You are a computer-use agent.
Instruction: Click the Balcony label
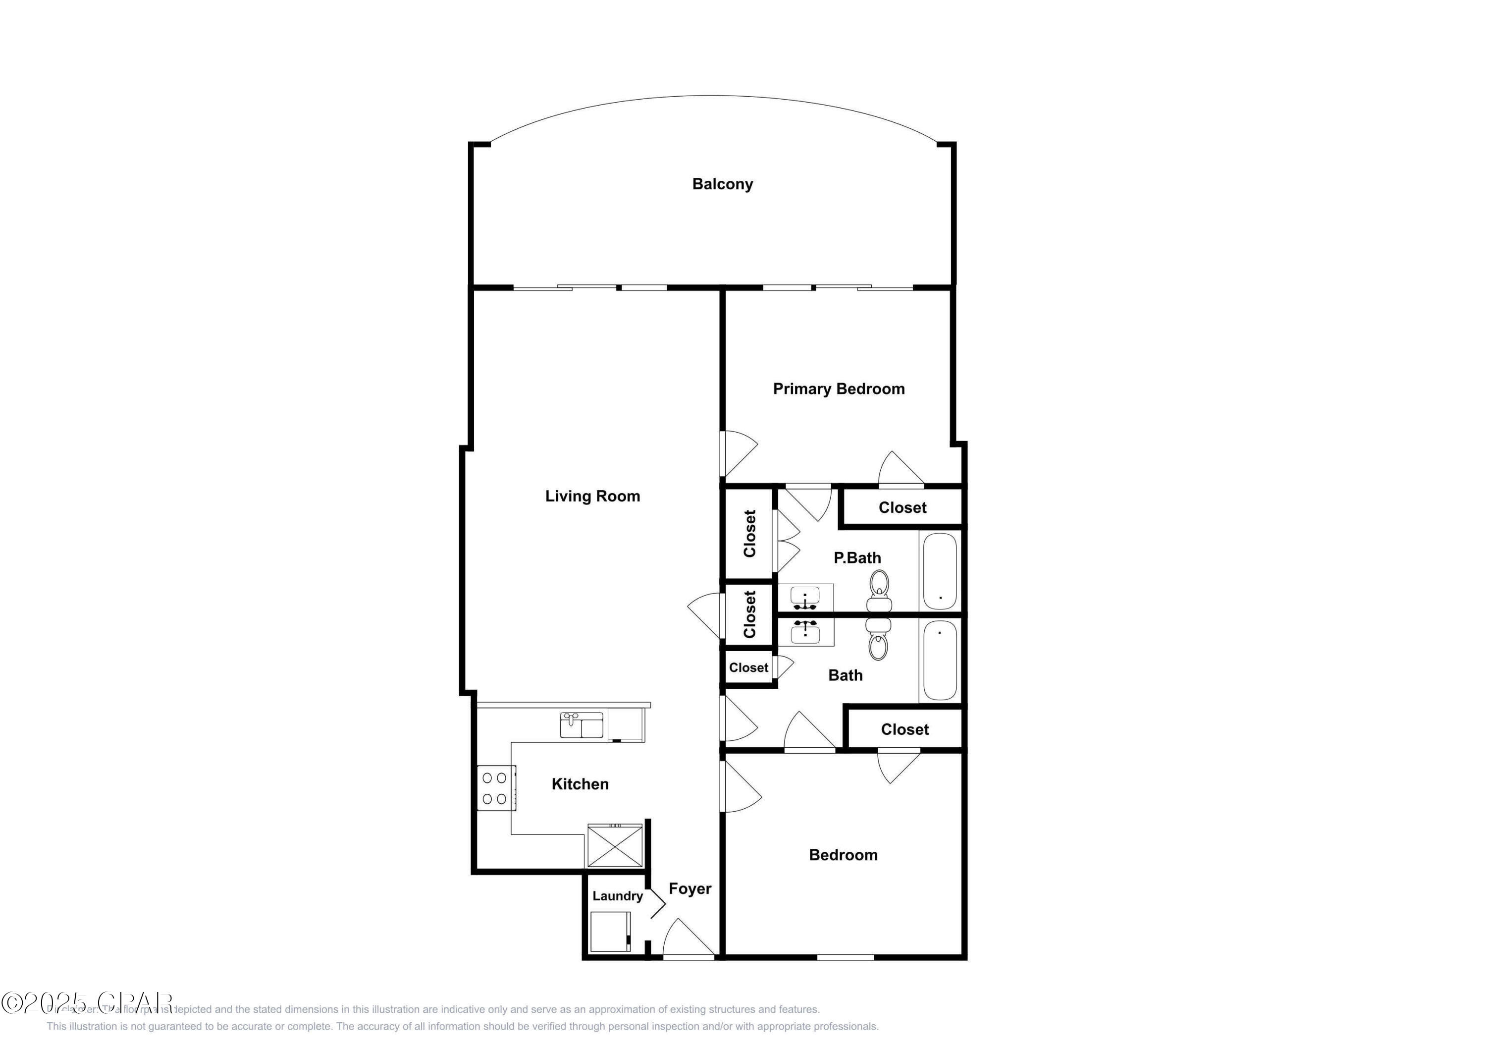tap(722, 184)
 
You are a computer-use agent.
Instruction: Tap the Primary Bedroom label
tap(838, 388)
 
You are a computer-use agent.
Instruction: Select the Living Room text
tap(592, 496)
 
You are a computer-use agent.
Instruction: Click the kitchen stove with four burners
tap(496, 788)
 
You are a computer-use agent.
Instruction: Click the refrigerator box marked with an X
tap(615, 845)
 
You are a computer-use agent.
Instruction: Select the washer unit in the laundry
tap(610, 931)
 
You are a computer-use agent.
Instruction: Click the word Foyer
tap(690, 888)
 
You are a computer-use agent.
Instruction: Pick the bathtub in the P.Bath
tap(940, 570)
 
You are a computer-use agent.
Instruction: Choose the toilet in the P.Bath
tap(879, 591)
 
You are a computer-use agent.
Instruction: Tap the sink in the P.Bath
tap(805, 598)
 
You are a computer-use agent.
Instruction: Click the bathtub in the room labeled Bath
tap(940, 660)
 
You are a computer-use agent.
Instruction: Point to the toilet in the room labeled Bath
tap(878, 638)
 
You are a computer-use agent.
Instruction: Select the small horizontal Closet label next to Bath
tap(748, 667)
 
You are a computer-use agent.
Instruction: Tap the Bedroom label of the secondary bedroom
tap(843, 855)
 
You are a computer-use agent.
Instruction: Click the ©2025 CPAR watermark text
tap(87, 1003)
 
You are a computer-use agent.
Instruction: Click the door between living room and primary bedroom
tap(738, 453)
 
